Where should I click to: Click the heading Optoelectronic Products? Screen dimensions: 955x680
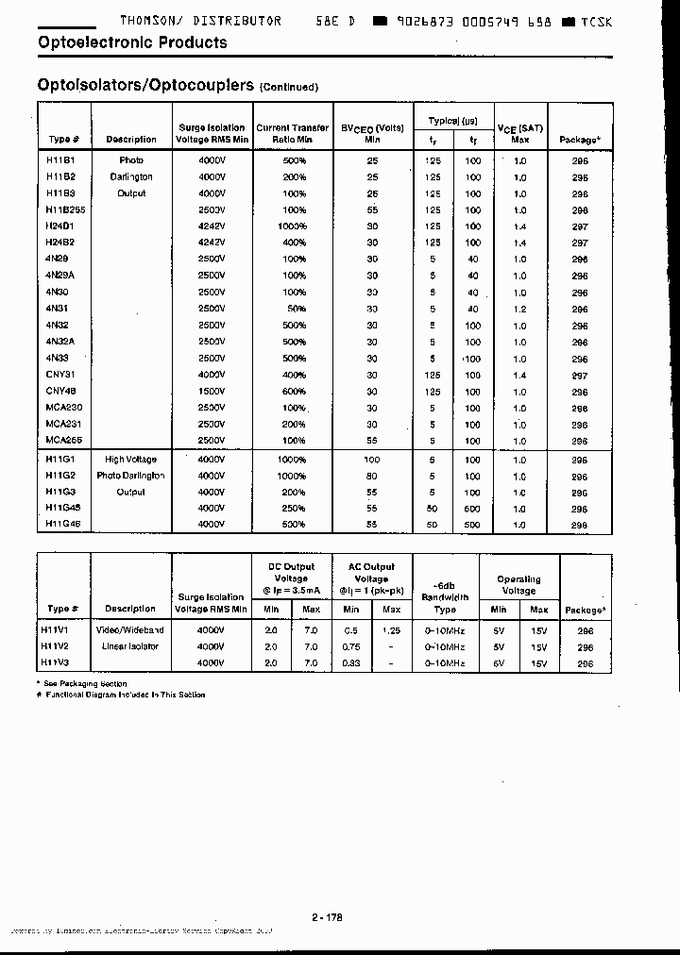click(132, 42)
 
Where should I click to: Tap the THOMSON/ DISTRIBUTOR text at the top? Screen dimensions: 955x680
click(200, 21)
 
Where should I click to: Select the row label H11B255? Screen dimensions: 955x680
click(65, 209)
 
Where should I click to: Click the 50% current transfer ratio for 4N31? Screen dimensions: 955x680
click(296, 309)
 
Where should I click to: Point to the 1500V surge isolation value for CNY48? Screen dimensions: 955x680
click(212, 392)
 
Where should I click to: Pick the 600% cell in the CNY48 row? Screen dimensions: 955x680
click(294, 392)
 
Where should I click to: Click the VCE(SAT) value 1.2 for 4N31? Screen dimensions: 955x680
click(519, 309)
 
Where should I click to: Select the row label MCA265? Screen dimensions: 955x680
click(64, 441)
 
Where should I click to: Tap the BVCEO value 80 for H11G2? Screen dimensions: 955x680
click(372, 476)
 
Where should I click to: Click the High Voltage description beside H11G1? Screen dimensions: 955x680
click(130, 460)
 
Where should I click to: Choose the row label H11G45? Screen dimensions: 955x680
click(62, 508)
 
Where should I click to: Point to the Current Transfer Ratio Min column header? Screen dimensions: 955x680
click(293, 133)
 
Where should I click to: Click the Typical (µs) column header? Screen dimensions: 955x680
click(452, 121)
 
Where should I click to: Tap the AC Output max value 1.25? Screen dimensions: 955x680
click(392, 629)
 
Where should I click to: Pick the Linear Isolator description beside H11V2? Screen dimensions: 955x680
click(130, 646)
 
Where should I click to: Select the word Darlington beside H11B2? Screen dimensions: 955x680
click(130, 176)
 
